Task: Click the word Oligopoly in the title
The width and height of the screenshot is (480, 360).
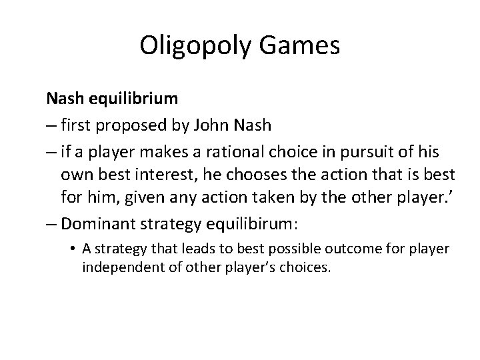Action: (x=197, y=47)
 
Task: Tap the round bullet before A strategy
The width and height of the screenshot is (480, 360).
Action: (x=73, y=249)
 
